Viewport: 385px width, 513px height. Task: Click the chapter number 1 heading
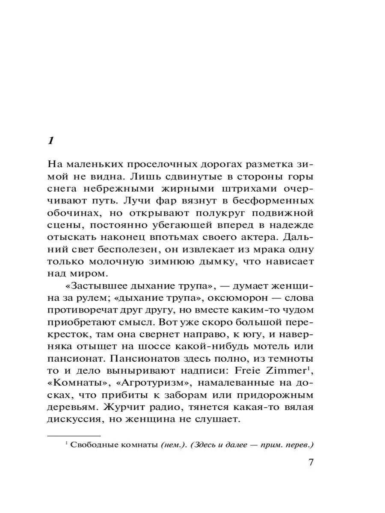[50, 141]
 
